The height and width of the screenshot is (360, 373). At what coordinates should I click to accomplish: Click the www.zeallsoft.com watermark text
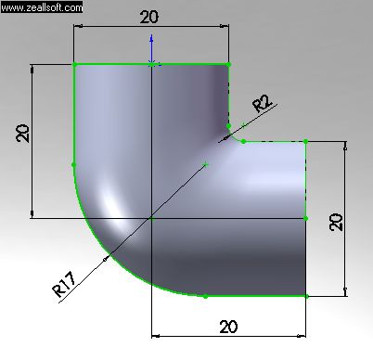tap(42, 6)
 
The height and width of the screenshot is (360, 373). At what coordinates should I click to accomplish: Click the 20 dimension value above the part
tap(150, 17)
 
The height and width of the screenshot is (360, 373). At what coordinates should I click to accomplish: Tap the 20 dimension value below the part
tap(227, 326)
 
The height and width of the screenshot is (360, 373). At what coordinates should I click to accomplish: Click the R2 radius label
tap(263, 103)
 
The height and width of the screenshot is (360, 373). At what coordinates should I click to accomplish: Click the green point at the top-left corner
tap(74, 64)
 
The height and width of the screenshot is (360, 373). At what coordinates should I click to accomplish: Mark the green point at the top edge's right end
tap(228, 64)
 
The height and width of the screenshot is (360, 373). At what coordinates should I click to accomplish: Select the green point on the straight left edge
tap(73, 165)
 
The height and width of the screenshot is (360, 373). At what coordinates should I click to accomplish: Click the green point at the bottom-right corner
tap(306, 296)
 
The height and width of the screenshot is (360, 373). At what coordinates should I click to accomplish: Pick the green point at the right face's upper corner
tap(306, 142)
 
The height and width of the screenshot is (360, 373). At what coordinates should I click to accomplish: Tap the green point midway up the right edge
tap(306, 218)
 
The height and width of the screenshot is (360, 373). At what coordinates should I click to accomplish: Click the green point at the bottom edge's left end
tap(205, 296)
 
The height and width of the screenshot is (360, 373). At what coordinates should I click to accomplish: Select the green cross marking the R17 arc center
tap(206, 165)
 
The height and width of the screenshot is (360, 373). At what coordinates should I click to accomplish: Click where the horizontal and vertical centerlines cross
tap(151, 218)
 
